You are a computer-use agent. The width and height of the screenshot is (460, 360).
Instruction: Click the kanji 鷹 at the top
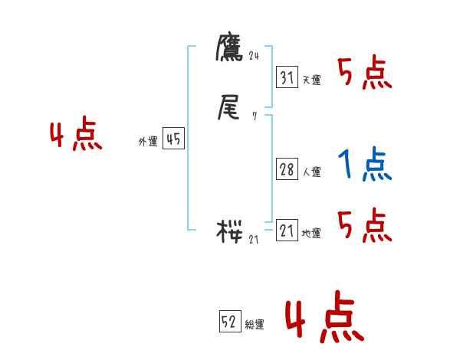click(x=229, y=49)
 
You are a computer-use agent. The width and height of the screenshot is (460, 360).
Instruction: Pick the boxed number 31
click(x=287, y=77)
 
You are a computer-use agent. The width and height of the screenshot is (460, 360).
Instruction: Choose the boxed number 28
click(x=287, y=169)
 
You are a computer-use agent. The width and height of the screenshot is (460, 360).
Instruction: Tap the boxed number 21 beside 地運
click(x=287, y=231)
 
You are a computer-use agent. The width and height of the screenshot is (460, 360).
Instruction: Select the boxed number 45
click(x=173, y=139)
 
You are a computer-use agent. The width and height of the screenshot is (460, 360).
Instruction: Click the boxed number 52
click(x=229, y=322)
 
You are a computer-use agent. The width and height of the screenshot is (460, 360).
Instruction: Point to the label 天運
click(x=311, y=80)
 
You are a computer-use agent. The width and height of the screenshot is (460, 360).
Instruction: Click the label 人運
click(x=311, y=172)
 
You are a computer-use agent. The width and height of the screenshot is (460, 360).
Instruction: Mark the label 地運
click(x=311, y=234)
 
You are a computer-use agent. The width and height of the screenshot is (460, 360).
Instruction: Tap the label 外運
click(x=147, y=142)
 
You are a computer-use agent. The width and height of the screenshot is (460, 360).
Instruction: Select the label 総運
click(x=254, y=326)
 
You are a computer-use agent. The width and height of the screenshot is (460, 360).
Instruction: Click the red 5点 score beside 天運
click(x=364, y=74)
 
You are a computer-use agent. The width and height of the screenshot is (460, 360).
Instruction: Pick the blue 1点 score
click(x=364, y=165)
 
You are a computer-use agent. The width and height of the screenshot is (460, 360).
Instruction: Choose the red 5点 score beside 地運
click(x=364, y=226)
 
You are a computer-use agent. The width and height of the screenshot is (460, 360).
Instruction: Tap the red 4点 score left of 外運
click(x=76, y=136)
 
